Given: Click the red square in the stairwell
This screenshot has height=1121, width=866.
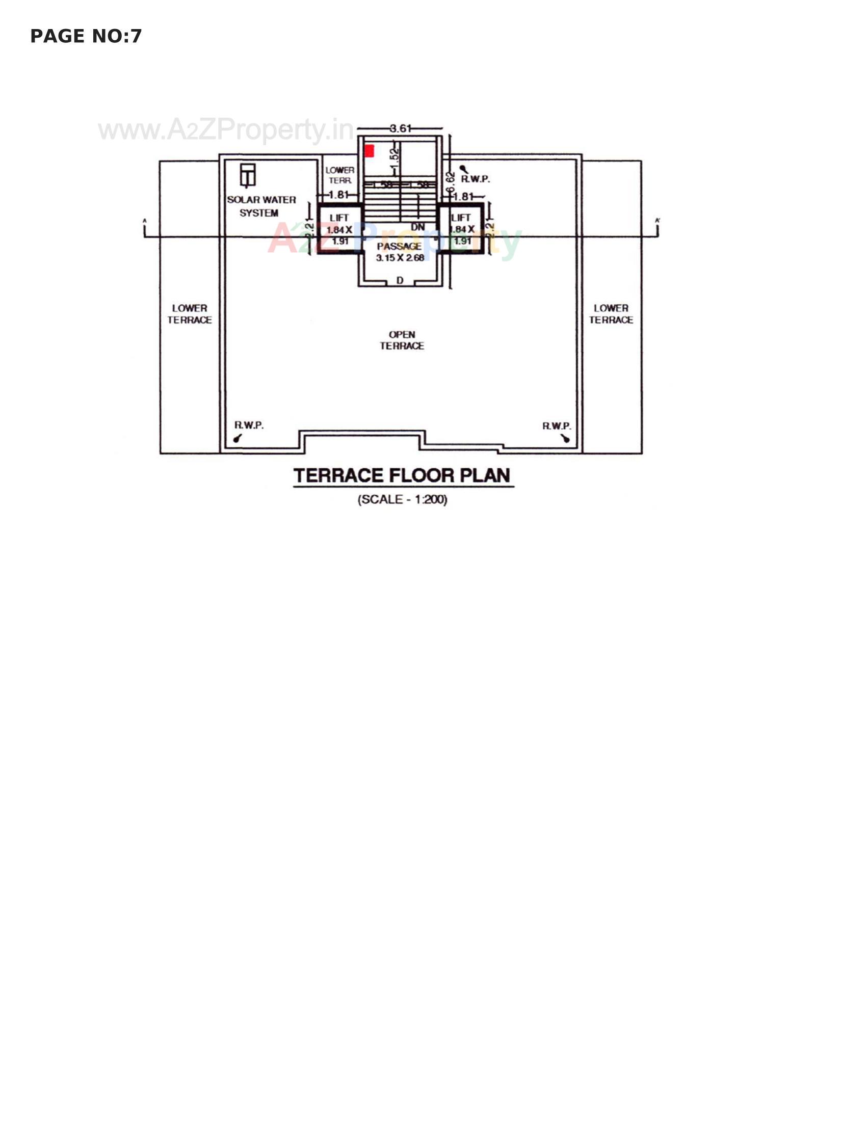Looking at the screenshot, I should tap(369, 151).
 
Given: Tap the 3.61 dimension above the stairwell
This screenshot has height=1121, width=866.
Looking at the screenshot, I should tap(401, 128).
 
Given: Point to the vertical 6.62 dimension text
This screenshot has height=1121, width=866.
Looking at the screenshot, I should tap(450, 182).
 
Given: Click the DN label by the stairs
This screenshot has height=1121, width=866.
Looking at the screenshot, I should tap(418, 227).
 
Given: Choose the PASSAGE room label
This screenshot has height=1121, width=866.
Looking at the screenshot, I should tap(400, 247).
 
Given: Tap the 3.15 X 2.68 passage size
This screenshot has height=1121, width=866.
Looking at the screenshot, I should tap(400, 258).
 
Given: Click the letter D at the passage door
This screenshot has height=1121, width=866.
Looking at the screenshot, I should tap(400, 280).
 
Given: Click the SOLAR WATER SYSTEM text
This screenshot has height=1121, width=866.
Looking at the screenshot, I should tap(261, 206).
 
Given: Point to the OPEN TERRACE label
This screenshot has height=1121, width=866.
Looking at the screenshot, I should tap(402, 340).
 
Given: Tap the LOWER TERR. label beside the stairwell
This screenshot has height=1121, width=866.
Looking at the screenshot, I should tap(340, 175).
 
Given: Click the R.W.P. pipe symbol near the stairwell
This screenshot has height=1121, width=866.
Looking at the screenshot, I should tap(463, 169).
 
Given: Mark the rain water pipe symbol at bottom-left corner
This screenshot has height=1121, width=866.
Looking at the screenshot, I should tap(237, 438).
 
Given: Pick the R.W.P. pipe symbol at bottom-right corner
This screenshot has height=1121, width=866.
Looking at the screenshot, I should tap(565, 438).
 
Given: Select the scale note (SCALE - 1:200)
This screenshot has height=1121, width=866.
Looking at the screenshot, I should tap(403, 499).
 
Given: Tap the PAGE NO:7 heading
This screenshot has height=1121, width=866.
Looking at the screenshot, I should tap(86, 36).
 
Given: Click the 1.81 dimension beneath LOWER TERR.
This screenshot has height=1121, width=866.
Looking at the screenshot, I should tap(338, 195).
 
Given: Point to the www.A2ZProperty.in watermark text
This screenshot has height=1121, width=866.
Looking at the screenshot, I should tap(226, 130).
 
